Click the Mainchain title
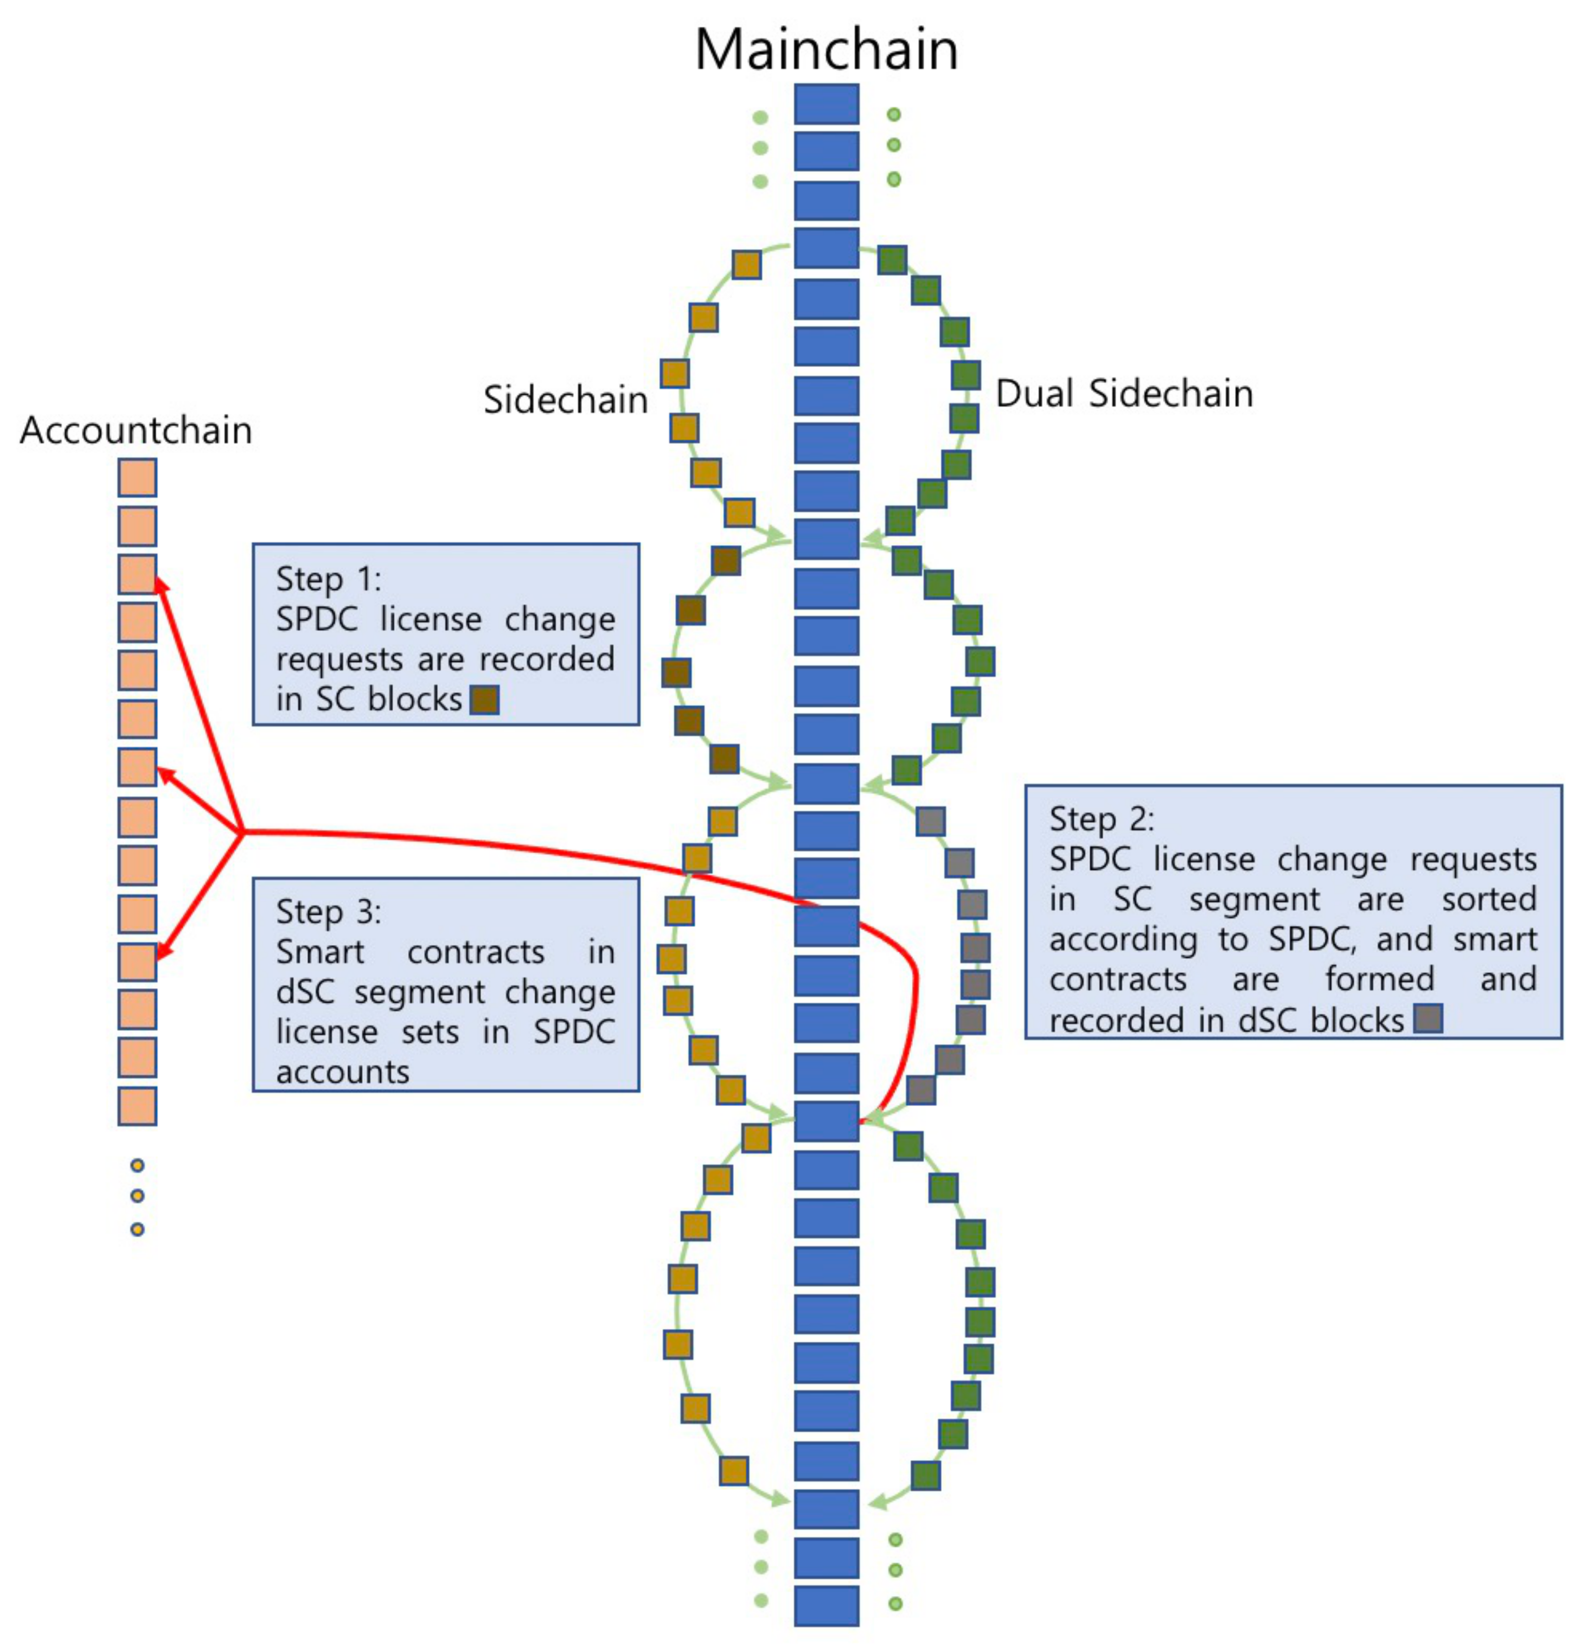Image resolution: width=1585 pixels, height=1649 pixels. pos(825,50)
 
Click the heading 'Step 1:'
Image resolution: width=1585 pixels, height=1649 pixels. pos(328,579)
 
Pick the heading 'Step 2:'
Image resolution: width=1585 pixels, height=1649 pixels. pos(1101,819)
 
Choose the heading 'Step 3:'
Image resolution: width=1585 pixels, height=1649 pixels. pos(328,912)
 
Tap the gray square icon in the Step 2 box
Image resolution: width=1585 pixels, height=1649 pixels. pos(1428,1019)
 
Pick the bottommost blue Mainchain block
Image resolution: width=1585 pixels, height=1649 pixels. pos(826,1605)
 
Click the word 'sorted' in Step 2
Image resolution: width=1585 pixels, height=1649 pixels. pos(1488,899)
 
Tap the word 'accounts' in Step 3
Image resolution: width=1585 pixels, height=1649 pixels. pos(342,1073)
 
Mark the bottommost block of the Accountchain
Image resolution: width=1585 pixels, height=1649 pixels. pos(137,1106)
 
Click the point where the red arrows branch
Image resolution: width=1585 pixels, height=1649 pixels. pos(243,832)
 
